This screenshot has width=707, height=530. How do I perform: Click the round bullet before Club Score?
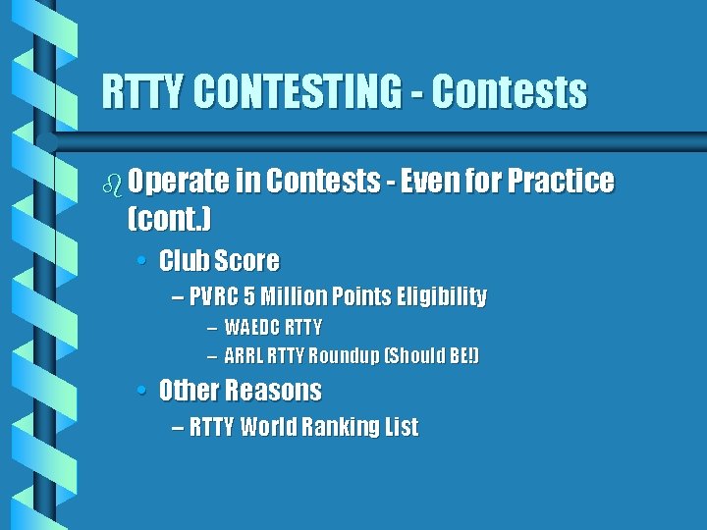click(x=142, y=262)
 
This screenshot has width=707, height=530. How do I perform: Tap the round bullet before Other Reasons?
click(x=142, y=391)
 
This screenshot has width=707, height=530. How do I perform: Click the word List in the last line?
click(x=402, y=427)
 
